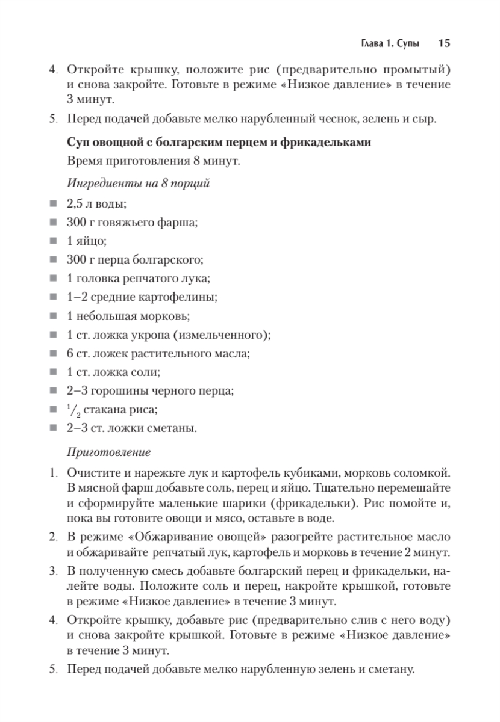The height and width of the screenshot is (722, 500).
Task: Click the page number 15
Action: [445, 44]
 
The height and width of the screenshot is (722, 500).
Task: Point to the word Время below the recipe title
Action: [85, 161]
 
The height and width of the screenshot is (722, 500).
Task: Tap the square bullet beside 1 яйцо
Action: [54, 242]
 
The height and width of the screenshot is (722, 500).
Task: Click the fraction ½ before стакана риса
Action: [73, 410]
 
